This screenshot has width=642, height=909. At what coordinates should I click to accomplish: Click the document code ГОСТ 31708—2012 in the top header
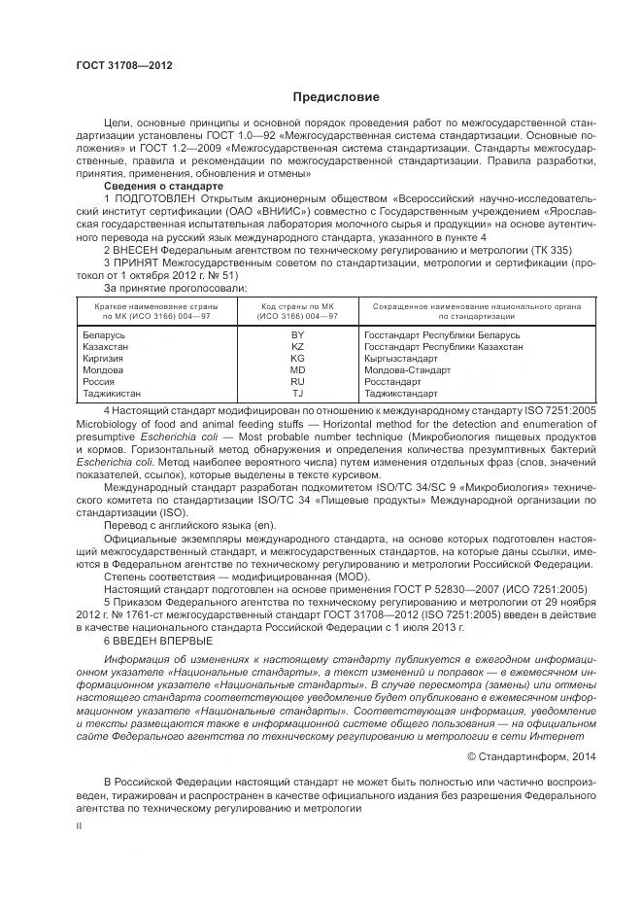[x=123, y=65]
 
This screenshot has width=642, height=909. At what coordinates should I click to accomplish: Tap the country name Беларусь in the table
[x=103, y=335]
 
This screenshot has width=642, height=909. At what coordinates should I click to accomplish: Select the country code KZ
[x=297, y=347]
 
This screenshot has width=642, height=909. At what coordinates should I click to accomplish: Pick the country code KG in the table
[x=297, y=359]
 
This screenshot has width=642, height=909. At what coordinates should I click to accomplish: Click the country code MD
[x=297, y=370]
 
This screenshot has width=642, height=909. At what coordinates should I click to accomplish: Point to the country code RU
[x=297, y=382]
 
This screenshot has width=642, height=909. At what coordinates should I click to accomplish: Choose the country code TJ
[x=297, y=394]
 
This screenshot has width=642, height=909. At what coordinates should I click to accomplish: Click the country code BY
[x=297, y=335]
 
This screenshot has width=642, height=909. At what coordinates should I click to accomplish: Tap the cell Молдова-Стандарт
[x=407, y=370]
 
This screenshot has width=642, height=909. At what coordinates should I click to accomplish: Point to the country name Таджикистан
[x=111, y=394]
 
